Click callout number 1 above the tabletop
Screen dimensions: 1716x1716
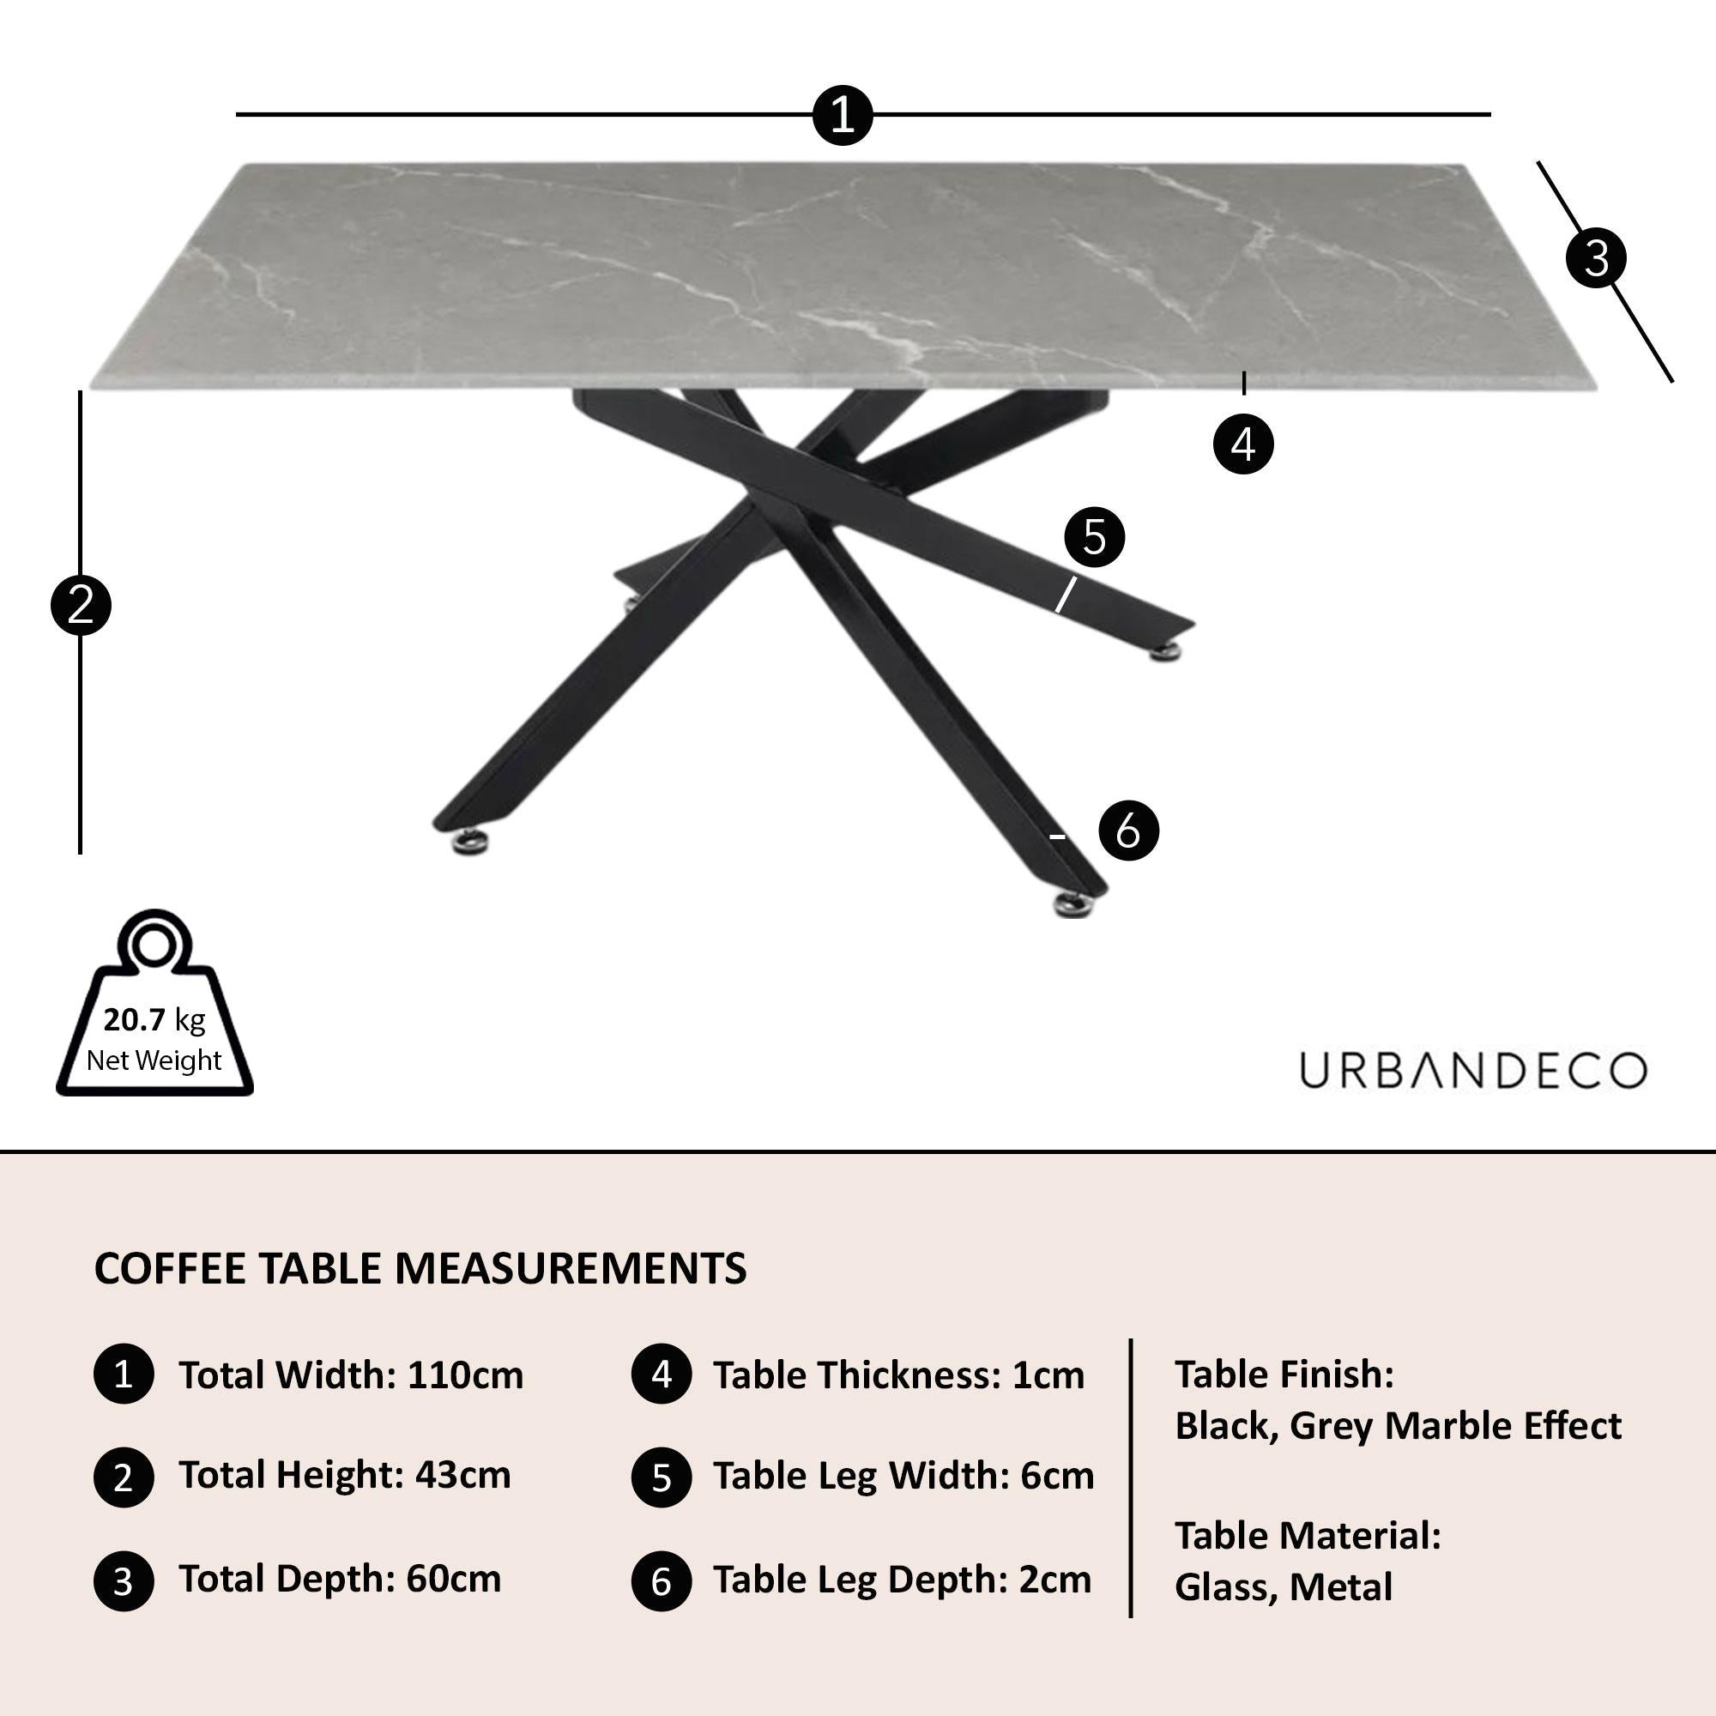click(x=842, y=116)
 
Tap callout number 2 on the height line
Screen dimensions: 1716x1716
click(x=81, y=606)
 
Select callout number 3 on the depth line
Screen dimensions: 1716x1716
click(x=1595, y=258)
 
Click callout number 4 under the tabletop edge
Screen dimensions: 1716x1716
click(x=1242, y=444)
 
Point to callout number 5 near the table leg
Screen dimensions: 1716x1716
click(x=1093, y=537)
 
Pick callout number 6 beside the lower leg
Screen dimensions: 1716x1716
click(x=1128, y=831)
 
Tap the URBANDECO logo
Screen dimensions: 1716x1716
click(x=1472, y=1071)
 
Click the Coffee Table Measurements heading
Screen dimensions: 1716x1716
click(x=420, y=1268)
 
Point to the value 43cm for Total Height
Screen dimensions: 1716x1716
click(x=463, y=1475)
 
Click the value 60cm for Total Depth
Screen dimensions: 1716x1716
click(x=454, y=1579)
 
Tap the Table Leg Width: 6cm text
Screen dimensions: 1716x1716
click(x=903, y=1476)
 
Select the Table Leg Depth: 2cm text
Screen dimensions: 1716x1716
click(x=903, y=1580)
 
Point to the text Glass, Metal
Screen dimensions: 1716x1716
click(x=1284, y=1587)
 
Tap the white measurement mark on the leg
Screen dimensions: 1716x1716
click(x=1065, y=595)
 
